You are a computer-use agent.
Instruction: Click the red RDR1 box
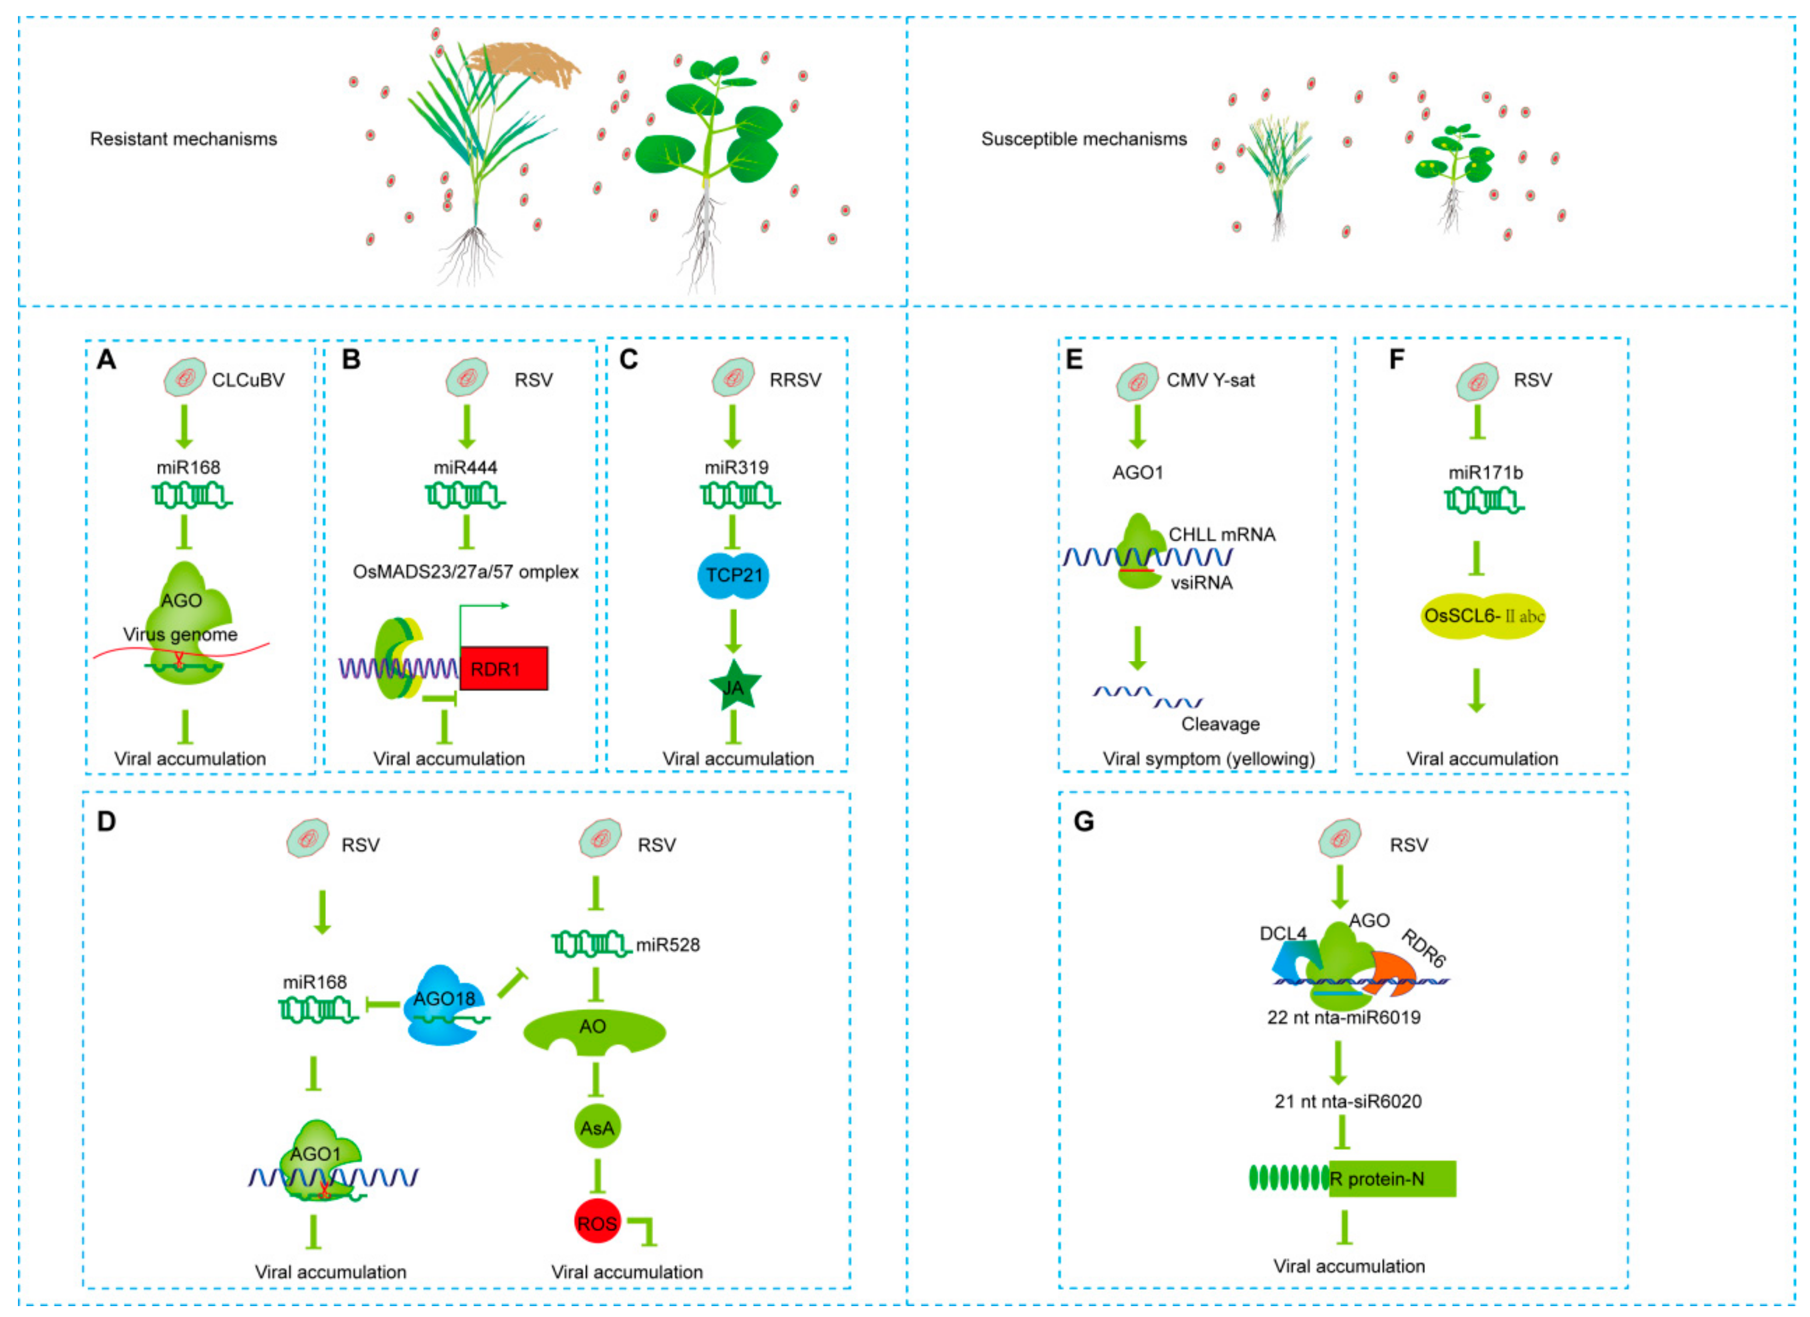tap(504, 668)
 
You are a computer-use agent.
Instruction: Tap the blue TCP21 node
tap(733, 576)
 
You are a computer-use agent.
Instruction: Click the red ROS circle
tap(597, 1223)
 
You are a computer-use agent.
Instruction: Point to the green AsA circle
tap(597, 1128)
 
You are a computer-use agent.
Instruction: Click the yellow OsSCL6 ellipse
tap(1483, 615)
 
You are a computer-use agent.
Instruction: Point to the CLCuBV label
tap(248, 380)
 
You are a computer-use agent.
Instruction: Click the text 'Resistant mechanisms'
tap(184, 139)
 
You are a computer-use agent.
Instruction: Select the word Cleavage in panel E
tap(1220, 724)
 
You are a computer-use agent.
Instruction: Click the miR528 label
tap(667, 945)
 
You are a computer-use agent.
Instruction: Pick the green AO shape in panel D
tap(594, 1030)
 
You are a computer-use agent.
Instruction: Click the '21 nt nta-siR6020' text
tap(1348, 1102)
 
